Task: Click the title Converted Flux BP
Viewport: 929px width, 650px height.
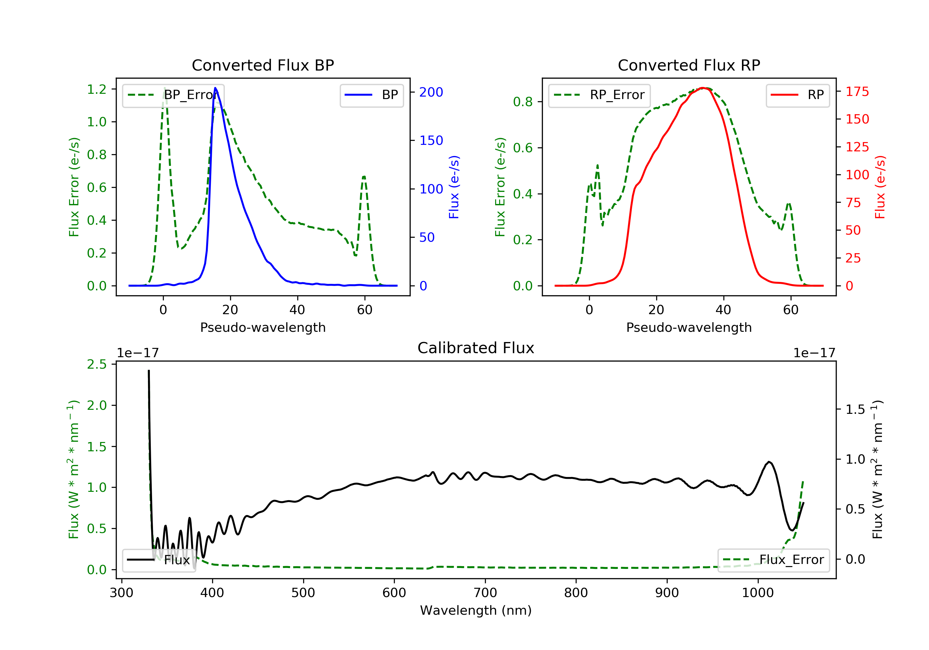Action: (263, 65)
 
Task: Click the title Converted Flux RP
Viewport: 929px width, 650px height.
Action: (689, 65)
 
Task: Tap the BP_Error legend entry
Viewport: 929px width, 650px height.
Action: (173, 95)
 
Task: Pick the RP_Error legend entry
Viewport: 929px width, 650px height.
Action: (599, 95)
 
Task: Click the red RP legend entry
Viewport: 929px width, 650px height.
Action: (797, 95)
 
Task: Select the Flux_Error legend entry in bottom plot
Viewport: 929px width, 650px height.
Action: (774, 560)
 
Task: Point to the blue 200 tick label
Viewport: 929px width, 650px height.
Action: (431, 92)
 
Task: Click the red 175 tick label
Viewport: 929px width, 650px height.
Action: (857, 92)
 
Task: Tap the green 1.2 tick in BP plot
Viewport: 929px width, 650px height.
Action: (97, 89)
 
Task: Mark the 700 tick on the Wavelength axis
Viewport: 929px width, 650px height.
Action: (485, 593)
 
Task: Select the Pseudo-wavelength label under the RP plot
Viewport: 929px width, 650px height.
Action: (689, 327)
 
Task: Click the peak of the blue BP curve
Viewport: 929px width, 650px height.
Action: (215, 88)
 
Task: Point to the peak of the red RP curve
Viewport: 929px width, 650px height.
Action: (703, 88)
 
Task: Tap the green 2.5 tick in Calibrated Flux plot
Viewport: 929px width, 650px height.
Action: (97, 364)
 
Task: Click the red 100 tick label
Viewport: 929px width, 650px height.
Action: (857, 175)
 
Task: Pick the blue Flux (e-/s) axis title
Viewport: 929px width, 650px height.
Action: (454, 187)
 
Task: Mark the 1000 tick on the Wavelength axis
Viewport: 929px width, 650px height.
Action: (757, 593)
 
